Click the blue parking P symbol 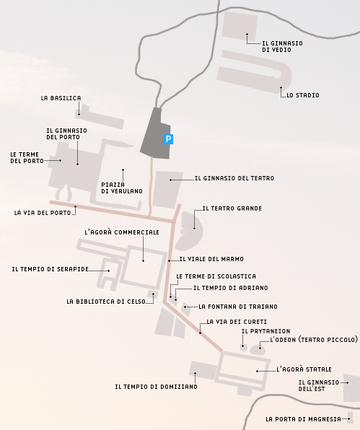click(168, 139)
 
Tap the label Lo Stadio click(303, 95)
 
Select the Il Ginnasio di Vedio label click(282, 47)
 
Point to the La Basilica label click(61, 98)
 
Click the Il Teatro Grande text click(232, 209)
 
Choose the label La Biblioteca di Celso click(106, 302)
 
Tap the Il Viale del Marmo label click(211, 259)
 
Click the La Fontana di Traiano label click(237, 307)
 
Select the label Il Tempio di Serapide click(51, 269)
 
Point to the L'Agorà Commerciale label click(122, 232)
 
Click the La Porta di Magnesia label click(303, 419)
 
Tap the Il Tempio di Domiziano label click(156, 387)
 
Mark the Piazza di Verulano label click(122, 188)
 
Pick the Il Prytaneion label click(265, 331)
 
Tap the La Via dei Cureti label click(237, 322)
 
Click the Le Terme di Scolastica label click(216, 276)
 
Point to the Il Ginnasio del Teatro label click(234, 178)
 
